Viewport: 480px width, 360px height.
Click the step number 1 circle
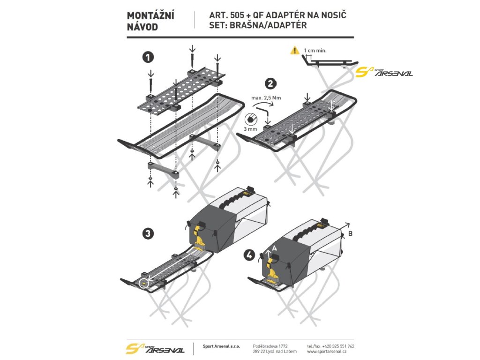pos(148,57)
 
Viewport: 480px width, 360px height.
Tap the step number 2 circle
pos(270,83)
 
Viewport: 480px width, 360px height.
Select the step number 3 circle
pos(148,234)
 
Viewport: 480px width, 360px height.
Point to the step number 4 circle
pos(249,255)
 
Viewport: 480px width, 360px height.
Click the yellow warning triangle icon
pos(294,50)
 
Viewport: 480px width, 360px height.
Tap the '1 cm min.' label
pos(315,51)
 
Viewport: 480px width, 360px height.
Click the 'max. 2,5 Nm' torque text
pos(266,98)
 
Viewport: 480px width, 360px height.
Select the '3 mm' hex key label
pos(250,129)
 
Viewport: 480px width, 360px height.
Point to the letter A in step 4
pos(275,248)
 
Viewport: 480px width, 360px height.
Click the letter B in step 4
pos(351,233)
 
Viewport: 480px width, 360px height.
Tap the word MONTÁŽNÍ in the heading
pos(150,16)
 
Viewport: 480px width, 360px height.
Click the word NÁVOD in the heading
pos(142,27)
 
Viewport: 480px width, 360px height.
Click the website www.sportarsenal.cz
pos(327,352)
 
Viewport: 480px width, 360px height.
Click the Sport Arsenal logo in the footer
pos(155,348)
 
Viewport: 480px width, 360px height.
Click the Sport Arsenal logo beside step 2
pos(384,72)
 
